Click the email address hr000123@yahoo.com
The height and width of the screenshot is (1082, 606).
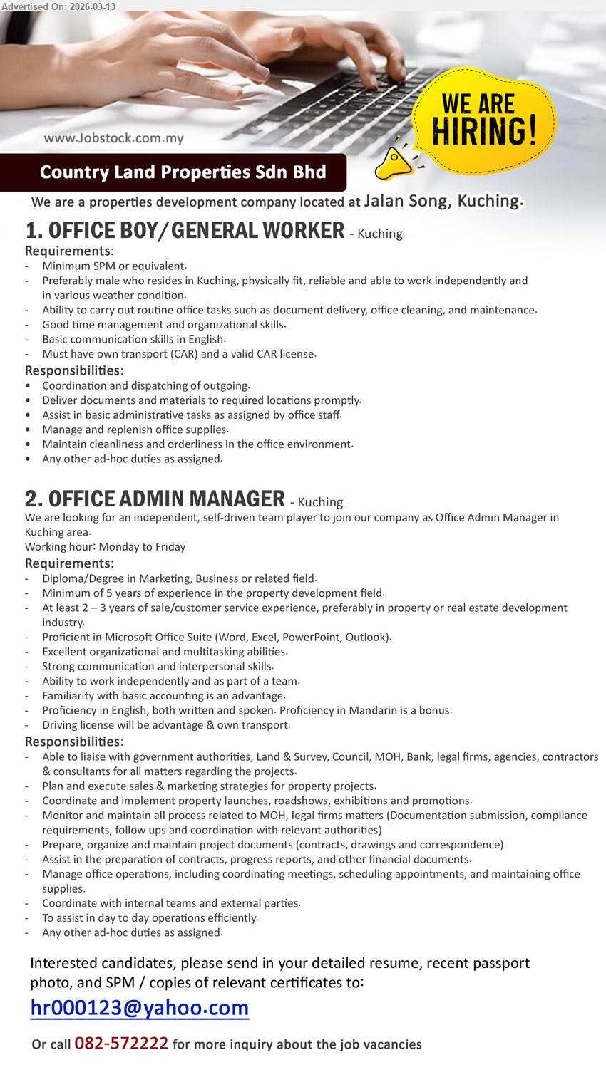139,1008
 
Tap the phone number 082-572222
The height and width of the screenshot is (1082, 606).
121,1044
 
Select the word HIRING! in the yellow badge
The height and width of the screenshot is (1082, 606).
484,131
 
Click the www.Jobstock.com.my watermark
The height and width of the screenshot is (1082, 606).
113,138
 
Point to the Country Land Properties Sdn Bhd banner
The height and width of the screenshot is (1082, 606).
183,172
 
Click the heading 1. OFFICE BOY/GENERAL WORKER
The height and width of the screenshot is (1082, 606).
185,231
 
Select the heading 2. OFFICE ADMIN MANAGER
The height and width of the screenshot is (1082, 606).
155,499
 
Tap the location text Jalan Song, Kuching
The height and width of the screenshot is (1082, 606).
443,201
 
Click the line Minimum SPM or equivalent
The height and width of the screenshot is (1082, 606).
114,266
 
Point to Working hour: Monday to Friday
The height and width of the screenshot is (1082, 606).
105,546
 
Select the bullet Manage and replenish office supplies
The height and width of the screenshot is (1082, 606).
135,430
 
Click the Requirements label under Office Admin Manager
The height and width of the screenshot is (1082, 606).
68,563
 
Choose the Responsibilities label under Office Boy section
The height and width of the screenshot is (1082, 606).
74,370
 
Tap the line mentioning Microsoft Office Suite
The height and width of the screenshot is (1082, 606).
217,637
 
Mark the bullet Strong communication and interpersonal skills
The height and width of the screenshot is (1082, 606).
158,666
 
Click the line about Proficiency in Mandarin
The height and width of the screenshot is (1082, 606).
246,710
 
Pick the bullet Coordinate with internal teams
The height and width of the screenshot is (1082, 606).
171,903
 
